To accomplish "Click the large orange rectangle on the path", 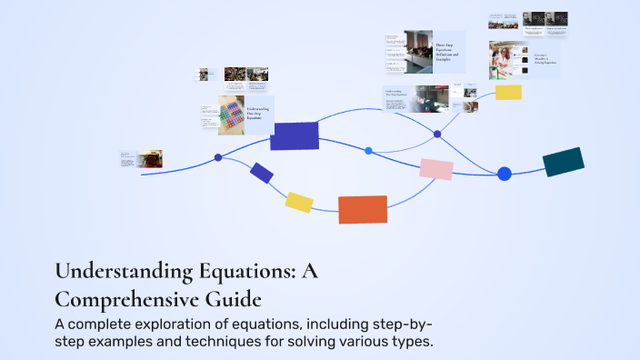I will tap(363, 209).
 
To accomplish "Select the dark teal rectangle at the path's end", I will tap(564, 162).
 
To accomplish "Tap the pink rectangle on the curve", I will tap(436, 168).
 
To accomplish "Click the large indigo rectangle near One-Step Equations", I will tap(295, 135).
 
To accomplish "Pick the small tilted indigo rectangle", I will tap(262, 173).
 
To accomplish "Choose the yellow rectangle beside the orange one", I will tap(299, 202).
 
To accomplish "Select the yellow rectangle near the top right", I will tap(508, 92).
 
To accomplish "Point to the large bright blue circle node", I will tap(505, 174).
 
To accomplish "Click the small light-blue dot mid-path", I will tap(368, 150).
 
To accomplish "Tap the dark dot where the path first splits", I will tap(218, 157).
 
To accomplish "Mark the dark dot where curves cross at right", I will tap(437, 134).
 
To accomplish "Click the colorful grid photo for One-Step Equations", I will tap(232, 115).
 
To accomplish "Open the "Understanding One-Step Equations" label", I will tap(259, 114).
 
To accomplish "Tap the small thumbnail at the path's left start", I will tap(149, 159).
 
